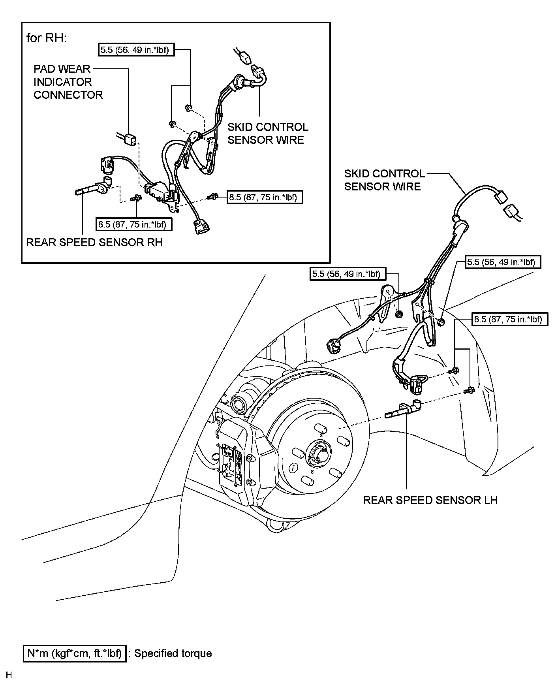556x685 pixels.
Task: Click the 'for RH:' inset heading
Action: pos(47,38)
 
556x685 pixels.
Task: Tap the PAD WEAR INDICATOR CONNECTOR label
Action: pos(68,82)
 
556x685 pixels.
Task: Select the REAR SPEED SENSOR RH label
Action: pos(94,242)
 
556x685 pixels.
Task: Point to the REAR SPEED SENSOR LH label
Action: pos(430,500)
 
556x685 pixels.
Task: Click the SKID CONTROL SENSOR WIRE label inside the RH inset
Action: pos(268,134)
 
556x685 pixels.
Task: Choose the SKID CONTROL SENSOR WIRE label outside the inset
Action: pos(385,180)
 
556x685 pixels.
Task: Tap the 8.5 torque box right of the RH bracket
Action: pos(265,197)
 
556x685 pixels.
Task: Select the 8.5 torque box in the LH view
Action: pos(510,319)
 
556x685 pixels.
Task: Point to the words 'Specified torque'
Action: pos(173,653)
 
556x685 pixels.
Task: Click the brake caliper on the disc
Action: pos(240,460)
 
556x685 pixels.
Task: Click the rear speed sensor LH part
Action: pos(403,409)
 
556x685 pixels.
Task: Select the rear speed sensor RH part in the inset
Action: pos(93,186)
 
